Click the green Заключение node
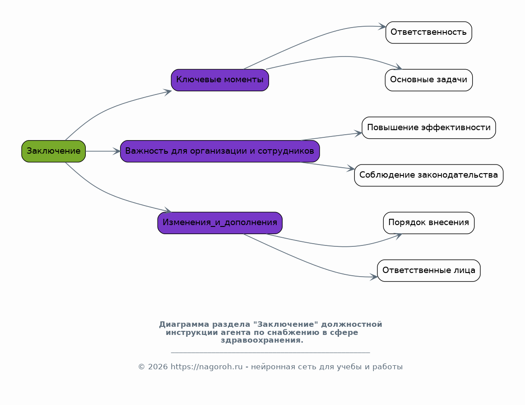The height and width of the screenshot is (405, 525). tap(54, 151)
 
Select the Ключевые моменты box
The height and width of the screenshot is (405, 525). tap(220, 80)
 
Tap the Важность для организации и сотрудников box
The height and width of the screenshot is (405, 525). tap(220, 151)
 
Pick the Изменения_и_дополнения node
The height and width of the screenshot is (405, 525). tap(220, 223)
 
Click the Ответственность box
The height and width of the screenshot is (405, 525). tap(428, 33)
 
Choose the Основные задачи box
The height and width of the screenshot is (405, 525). tap(428, 80)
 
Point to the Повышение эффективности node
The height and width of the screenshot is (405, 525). tap(428, 128)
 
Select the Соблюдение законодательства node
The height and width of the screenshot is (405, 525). tap(428, 175)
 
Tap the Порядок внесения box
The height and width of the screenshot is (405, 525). tap(428, 223)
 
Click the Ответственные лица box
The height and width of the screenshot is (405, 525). tap(428, 271)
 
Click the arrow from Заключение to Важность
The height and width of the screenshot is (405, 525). tap(103, 151)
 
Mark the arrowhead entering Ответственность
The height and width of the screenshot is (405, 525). tap(382, 27)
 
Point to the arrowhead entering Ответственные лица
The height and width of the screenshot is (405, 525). tap(374, 277)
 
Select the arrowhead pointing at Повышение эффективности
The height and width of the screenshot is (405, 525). tap(358, 133)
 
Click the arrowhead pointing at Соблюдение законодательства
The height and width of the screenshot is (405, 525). tap(351, 168)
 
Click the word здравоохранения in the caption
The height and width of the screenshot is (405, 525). tap(262, 340)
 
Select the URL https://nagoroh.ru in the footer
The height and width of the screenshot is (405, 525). tap(207, 367)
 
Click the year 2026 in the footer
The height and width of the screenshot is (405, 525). tap(158, 367)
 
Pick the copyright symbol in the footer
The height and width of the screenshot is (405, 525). tap(142, 367)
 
